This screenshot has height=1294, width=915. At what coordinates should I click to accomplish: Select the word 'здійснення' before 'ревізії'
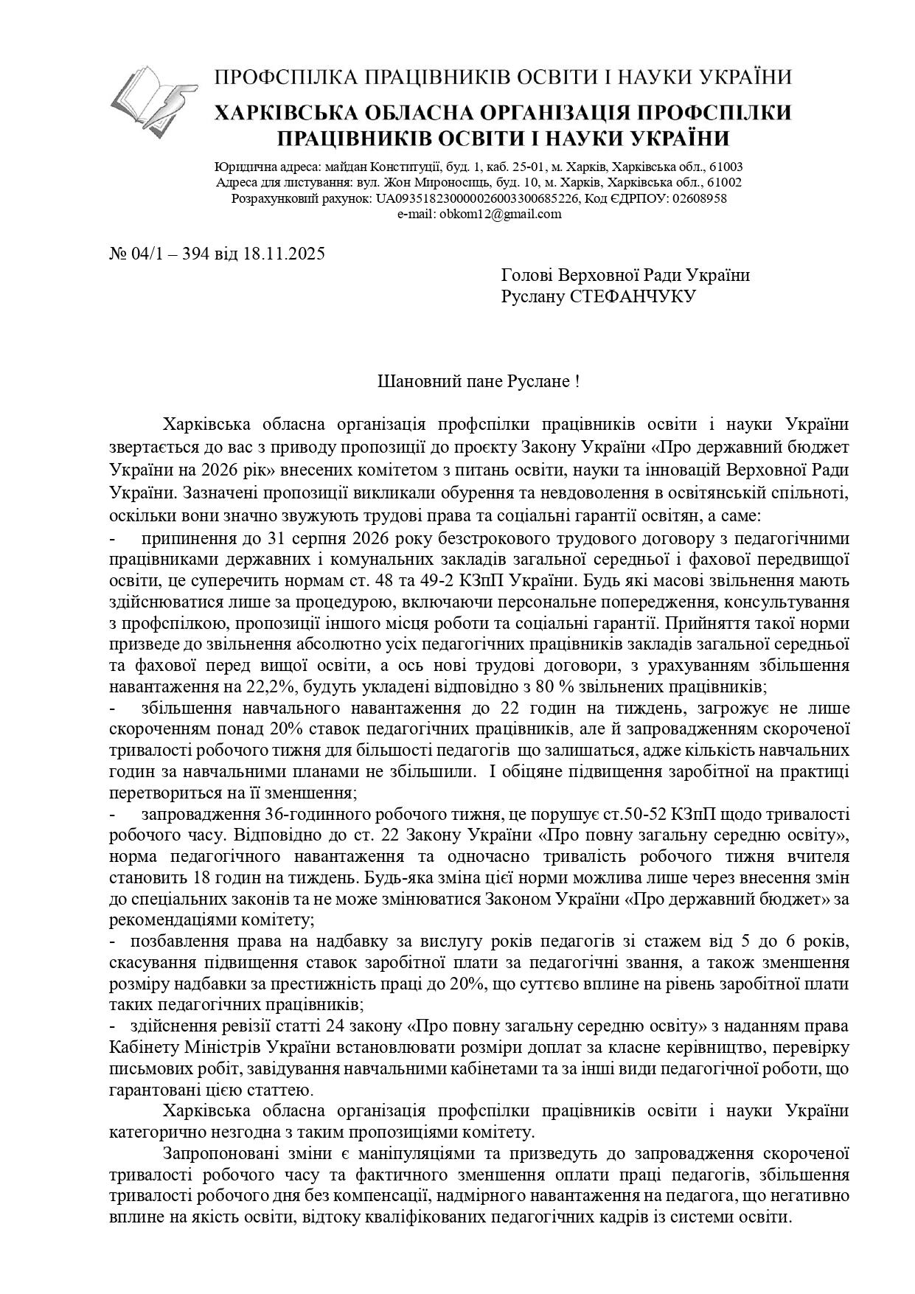(170, 1026)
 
